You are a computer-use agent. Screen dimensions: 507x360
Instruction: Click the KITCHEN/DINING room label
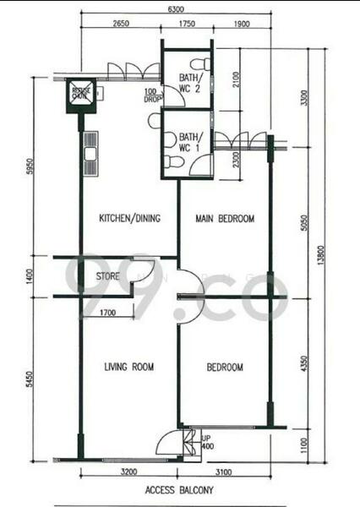[x=130, y=219]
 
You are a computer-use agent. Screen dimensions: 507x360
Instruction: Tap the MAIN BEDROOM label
[x=225, y=219]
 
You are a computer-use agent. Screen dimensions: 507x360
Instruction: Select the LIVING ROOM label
[x=128, y=367]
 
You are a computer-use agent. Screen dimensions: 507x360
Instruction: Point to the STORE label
[x=107, y=275]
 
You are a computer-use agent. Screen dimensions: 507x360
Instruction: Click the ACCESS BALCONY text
[x=179, y=489]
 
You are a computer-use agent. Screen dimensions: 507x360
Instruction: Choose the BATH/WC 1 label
[x=188, y=142]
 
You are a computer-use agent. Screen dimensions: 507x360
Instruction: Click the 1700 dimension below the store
[x=107, y=313]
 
